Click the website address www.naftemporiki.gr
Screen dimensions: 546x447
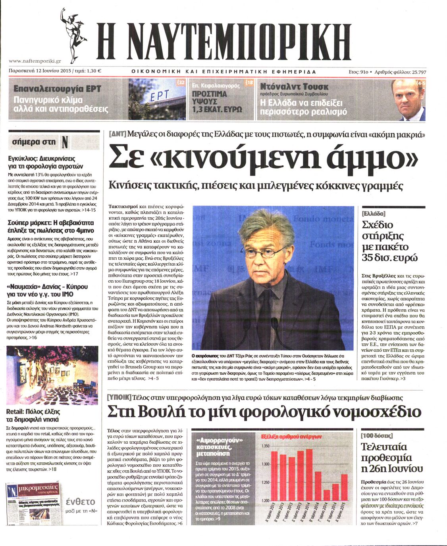pos(35,61)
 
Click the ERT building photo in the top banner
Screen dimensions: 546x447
pos(157,99)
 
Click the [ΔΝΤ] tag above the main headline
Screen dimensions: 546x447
pos(118,134)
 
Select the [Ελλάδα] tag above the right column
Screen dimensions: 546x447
pos(374,214)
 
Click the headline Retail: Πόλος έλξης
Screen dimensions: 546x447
pos(33,411)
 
